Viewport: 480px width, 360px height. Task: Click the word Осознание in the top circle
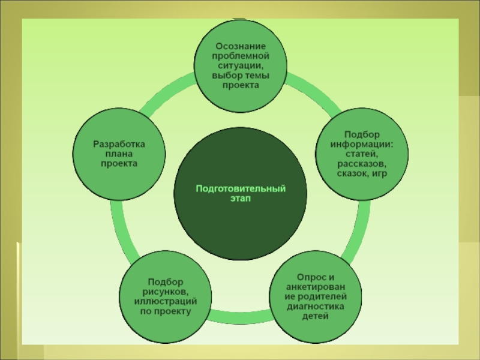click(x=240, y=47)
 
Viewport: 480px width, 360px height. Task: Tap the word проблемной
click(x=240, y=56)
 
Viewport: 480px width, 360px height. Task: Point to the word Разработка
click(x=119, y=144)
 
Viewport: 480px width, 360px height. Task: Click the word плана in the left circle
click(x=119, y=154)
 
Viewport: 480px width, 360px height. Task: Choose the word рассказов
click(x=361, y=163)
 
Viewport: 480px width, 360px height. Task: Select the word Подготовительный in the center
click(x=240, y=190)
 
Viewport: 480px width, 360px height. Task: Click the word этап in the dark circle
click(x=240, y=199)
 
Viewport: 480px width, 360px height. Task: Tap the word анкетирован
click(x=316, y=287)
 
